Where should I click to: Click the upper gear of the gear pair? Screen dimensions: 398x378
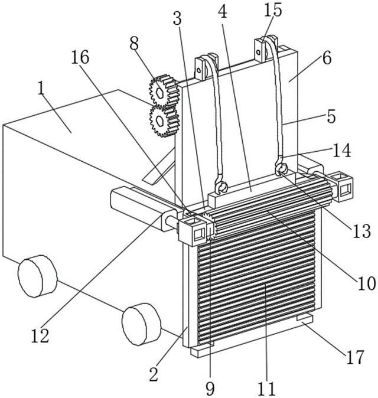pyautogui.click(x=163, y=89)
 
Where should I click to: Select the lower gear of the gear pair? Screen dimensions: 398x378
pyautogui.click(x=163, y=120)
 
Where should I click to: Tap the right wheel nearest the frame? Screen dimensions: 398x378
pyautogui.click(x=142, y=323)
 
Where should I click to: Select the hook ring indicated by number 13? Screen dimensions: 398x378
pyautogui.click(x=282, y=169)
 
